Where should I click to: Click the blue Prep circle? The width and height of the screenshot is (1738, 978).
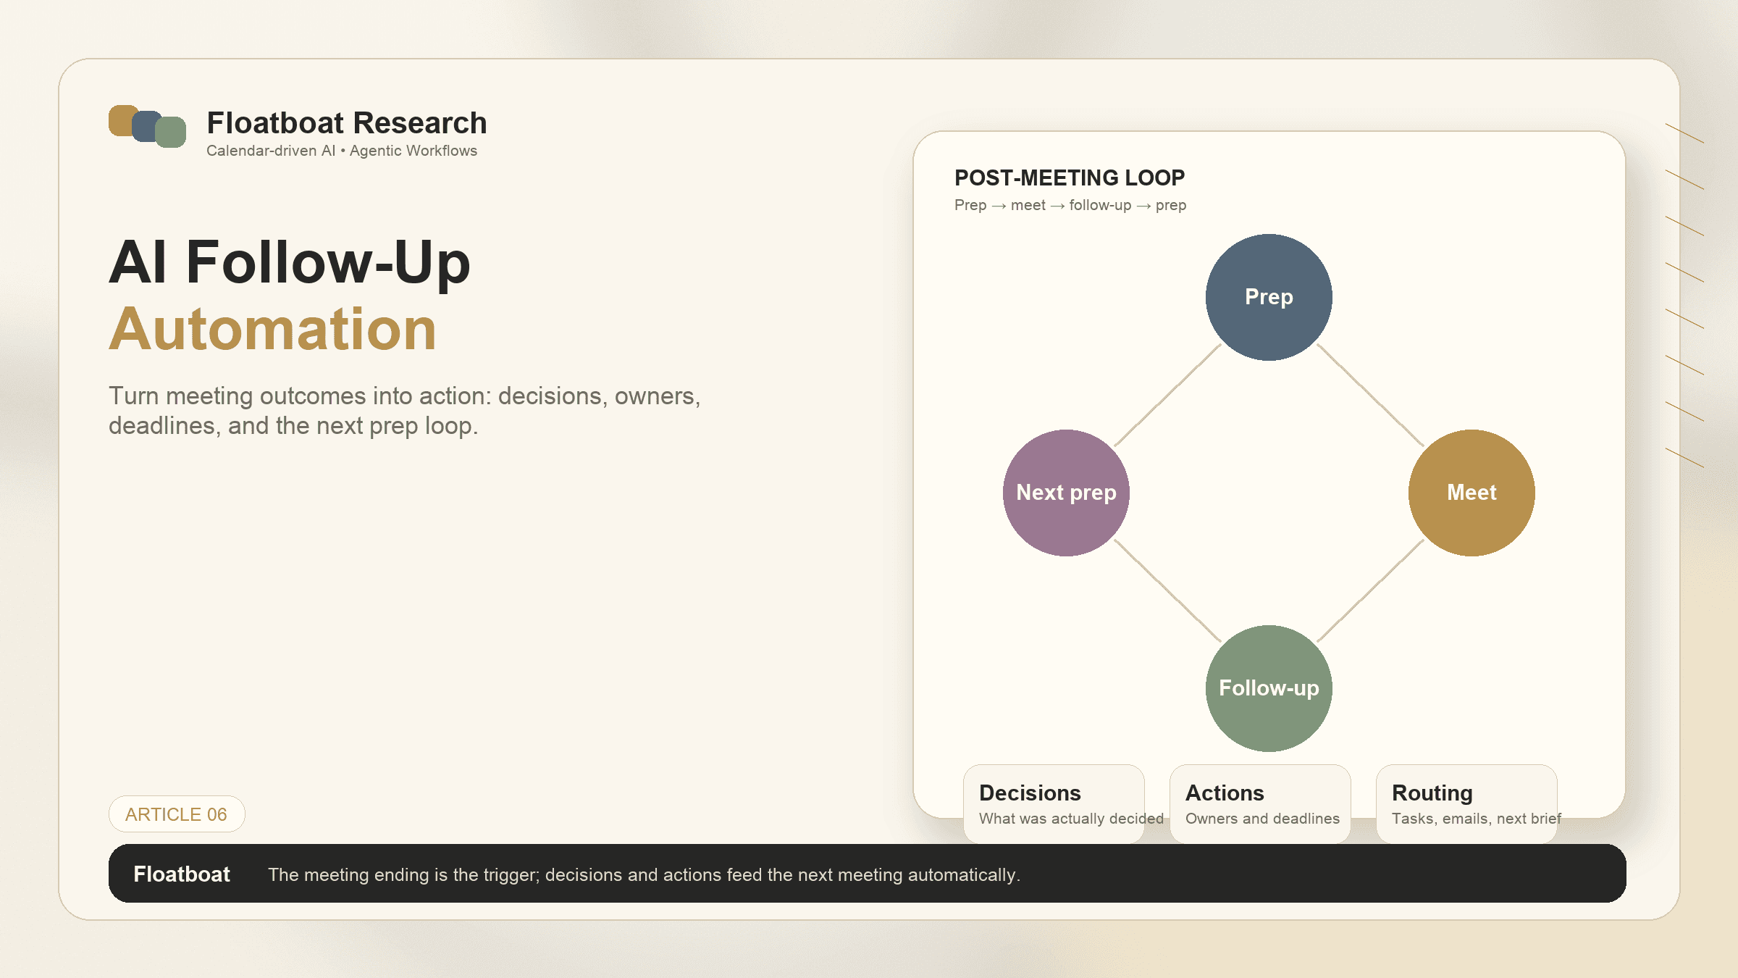1269,297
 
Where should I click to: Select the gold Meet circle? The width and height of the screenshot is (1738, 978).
1472,493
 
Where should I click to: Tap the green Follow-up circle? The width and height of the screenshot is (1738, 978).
1269,688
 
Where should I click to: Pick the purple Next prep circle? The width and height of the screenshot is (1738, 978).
1066,493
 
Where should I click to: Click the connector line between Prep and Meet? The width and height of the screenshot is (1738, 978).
1370,395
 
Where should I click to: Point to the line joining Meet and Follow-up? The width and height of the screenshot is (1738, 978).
1370,590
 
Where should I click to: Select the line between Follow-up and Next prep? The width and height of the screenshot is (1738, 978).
1167,590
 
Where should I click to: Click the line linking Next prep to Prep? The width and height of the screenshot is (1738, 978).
1167,395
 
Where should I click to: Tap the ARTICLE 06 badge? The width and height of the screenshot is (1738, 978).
177,814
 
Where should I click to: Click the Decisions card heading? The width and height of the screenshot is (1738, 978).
1030,793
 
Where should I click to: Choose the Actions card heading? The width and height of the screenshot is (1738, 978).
1225,793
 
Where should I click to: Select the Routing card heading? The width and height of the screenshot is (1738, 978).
1432,793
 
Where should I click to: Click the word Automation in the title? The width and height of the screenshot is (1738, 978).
272,329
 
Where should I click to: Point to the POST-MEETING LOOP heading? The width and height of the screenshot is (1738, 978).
1070,177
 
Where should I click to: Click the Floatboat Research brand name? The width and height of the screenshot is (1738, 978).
347,123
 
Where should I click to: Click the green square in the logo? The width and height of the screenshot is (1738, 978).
172,133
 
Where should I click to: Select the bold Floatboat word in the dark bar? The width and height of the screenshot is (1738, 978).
182,874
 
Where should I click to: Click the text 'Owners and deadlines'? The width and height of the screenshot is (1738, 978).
1262,819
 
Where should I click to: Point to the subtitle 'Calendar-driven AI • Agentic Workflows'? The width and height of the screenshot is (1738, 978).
342,151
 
